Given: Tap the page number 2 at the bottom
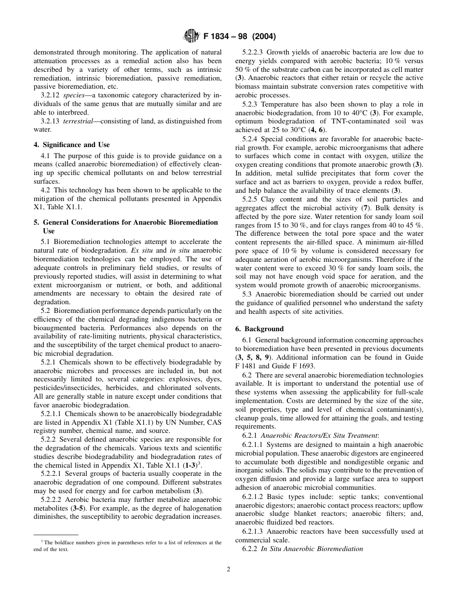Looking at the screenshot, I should (x=229, y=569).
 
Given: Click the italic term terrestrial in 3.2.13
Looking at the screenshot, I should (x=77, y=121).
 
